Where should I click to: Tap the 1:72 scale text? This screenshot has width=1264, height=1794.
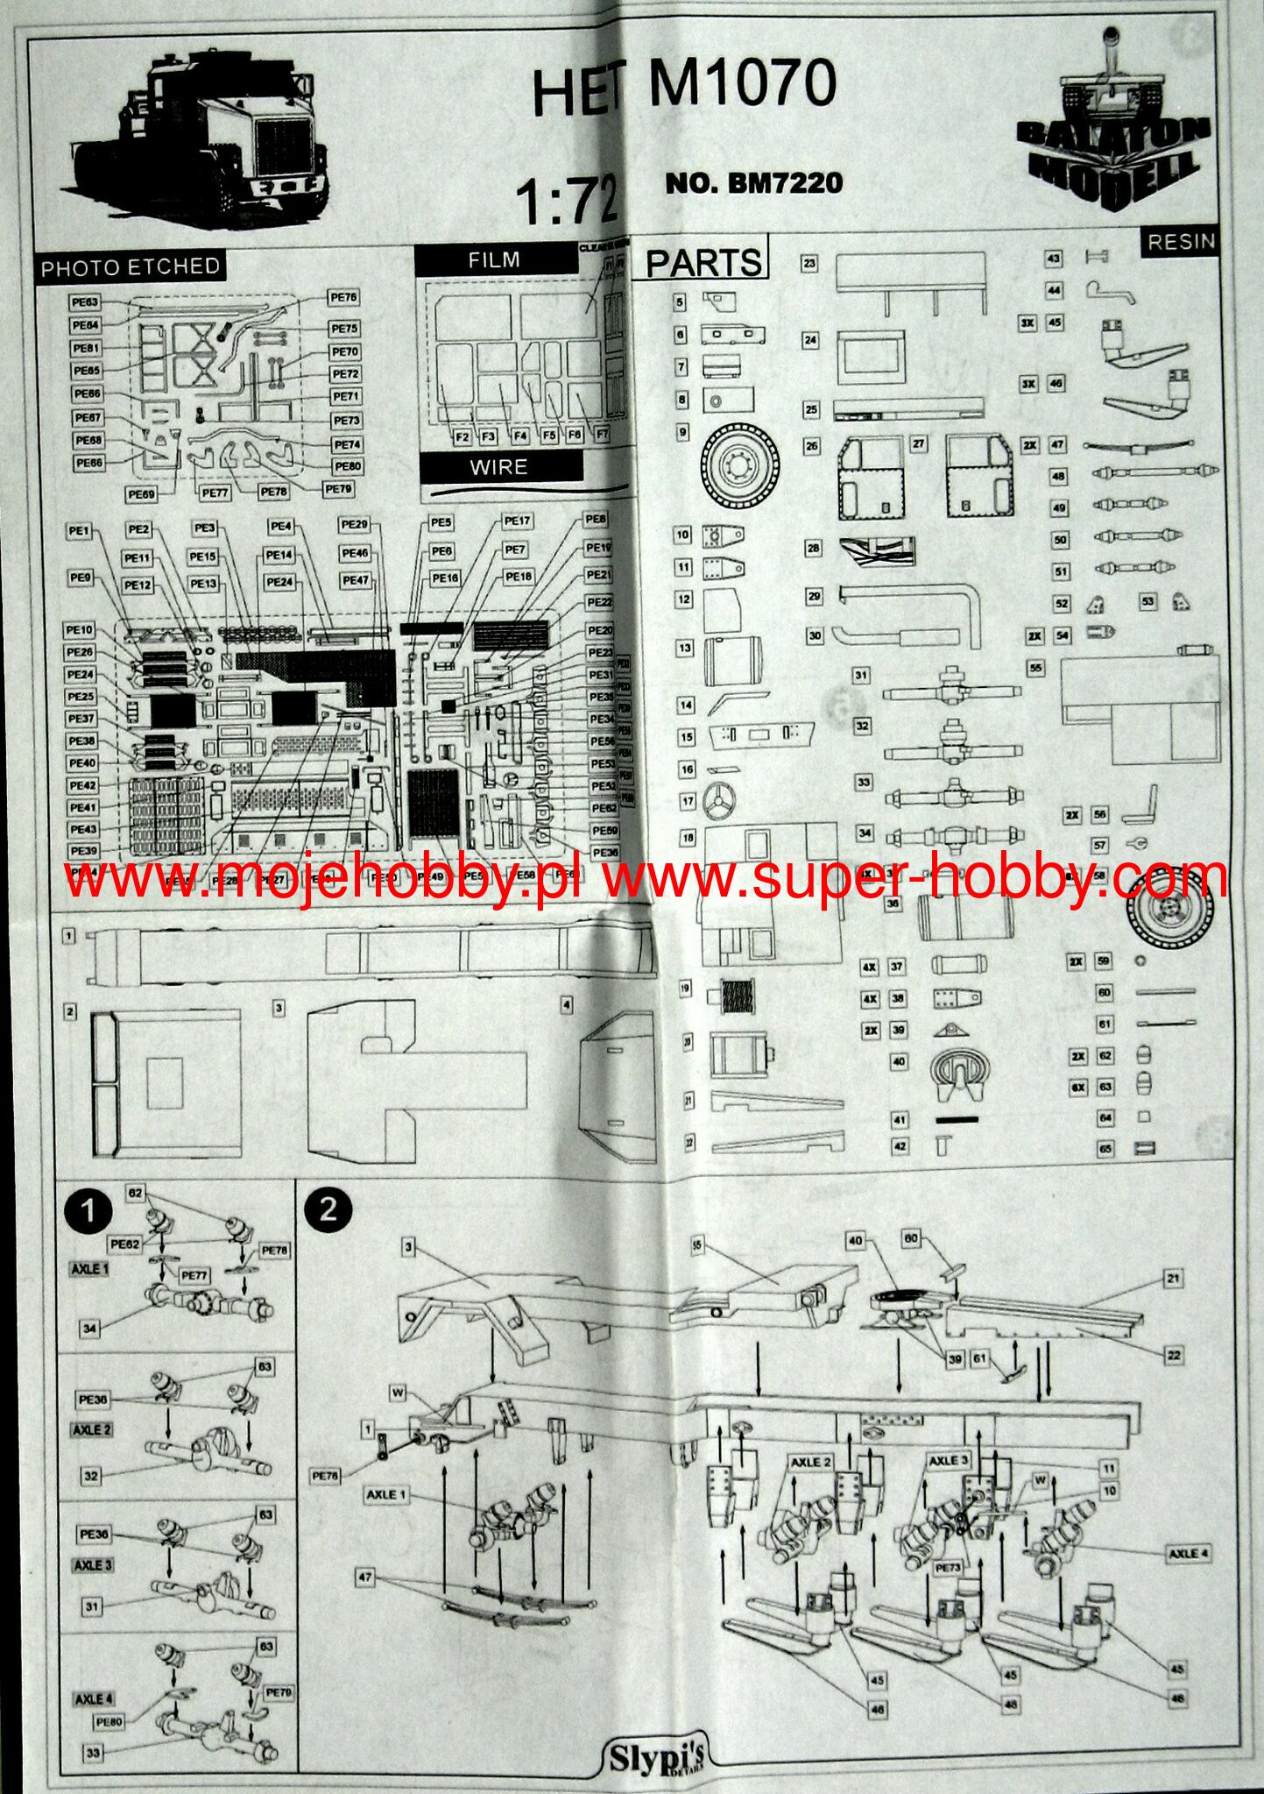568,199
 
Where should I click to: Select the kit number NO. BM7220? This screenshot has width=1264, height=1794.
754,182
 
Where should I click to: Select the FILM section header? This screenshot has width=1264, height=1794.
494,259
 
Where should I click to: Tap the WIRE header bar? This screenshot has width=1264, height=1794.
499,467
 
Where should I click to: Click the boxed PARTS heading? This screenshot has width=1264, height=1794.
704,261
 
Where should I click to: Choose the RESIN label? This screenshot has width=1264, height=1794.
1182,242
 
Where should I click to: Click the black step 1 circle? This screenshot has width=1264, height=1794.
88,1212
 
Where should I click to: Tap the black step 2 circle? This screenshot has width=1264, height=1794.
328,1209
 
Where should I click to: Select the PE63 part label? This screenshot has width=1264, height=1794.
85,301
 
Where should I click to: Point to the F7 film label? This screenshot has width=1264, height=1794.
602,435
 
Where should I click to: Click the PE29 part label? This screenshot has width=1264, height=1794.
354,524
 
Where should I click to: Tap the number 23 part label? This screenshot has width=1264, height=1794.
809,263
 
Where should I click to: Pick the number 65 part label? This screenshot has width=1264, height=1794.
1105,1148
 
